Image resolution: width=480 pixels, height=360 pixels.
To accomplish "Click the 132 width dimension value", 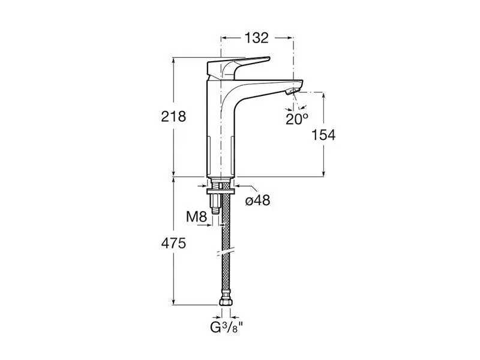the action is coord(257,38).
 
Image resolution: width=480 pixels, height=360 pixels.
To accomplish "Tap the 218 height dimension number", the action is coord(173,116).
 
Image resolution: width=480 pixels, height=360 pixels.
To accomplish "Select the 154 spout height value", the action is coord(323,135).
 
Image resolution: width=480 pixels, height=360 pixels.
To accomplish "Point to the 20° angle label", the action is coord(296,119).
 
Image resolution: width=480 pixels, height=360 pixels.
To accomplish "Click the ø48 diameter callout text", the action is coord(258,200).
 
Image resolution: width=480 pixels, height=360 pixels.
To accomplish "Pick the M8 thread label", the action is coord(197,217).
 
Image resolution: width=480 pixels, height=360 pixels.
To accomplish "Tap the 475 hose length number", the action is coord(173,244).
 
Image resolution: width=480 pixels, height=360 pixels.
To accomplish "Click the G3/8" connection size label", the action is coord(226,328).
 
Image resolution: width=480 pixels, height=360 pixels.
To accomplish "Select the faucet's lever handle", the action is coord(238,67).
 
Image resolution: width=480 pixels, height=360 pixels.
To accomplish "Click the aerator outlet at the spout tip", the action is coord(292,91).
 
